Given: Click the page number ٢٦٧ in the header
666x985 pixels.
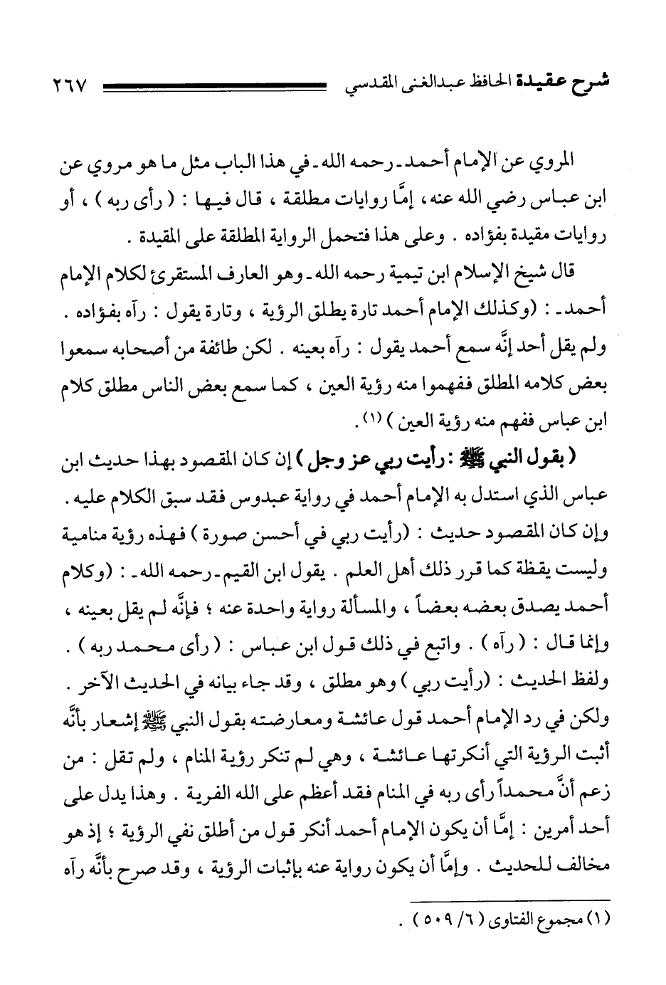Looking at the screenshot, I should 70,88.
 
